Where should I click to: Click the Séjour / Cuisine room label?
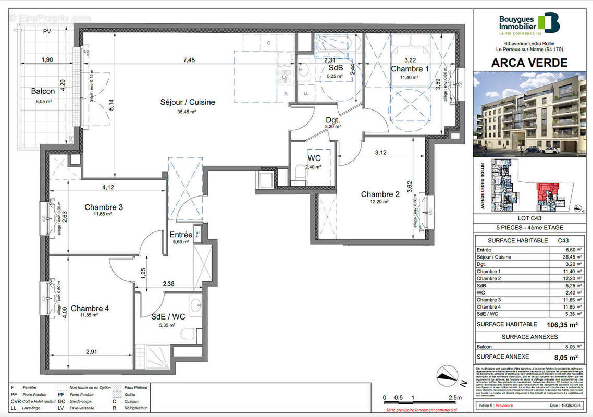(187, 102)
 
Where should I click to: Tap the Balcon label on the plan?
(43, 91)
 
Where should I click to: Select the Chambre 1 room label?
(410, 69)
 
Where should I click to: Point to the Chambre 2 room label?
(380, 194)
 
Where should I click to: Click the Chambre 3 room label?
(104, 207)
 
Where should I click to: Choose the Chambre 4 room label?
(90, 308)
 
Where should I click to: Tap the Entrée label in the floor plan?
(181, 235)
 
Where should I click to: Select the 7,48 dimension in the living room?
(189, 60)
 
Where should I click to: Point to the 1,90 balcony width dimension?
(47, 60)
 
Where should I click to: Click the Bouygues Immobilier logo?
(528, 24)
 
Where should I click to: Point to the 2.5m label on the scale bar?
(455, 398)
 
